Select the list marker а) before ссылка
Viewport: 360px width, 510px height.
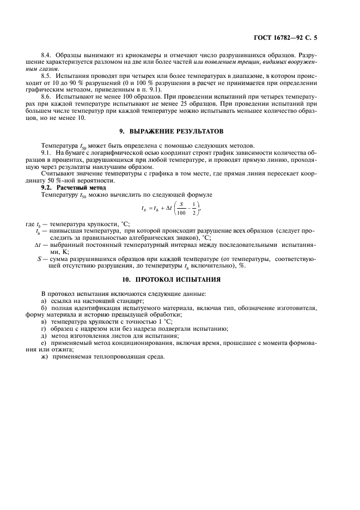pos(45,301)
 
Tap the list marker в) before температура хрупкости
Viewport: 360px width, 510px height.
pos(45,321)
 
